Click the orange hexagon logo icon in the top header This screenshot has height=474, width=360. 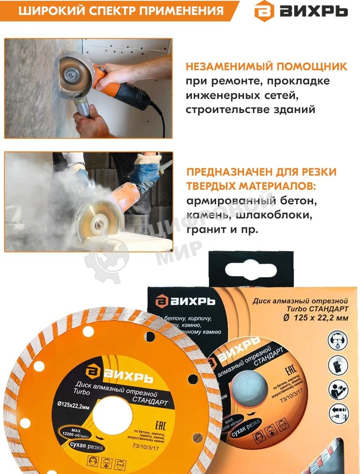(263, 11)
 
